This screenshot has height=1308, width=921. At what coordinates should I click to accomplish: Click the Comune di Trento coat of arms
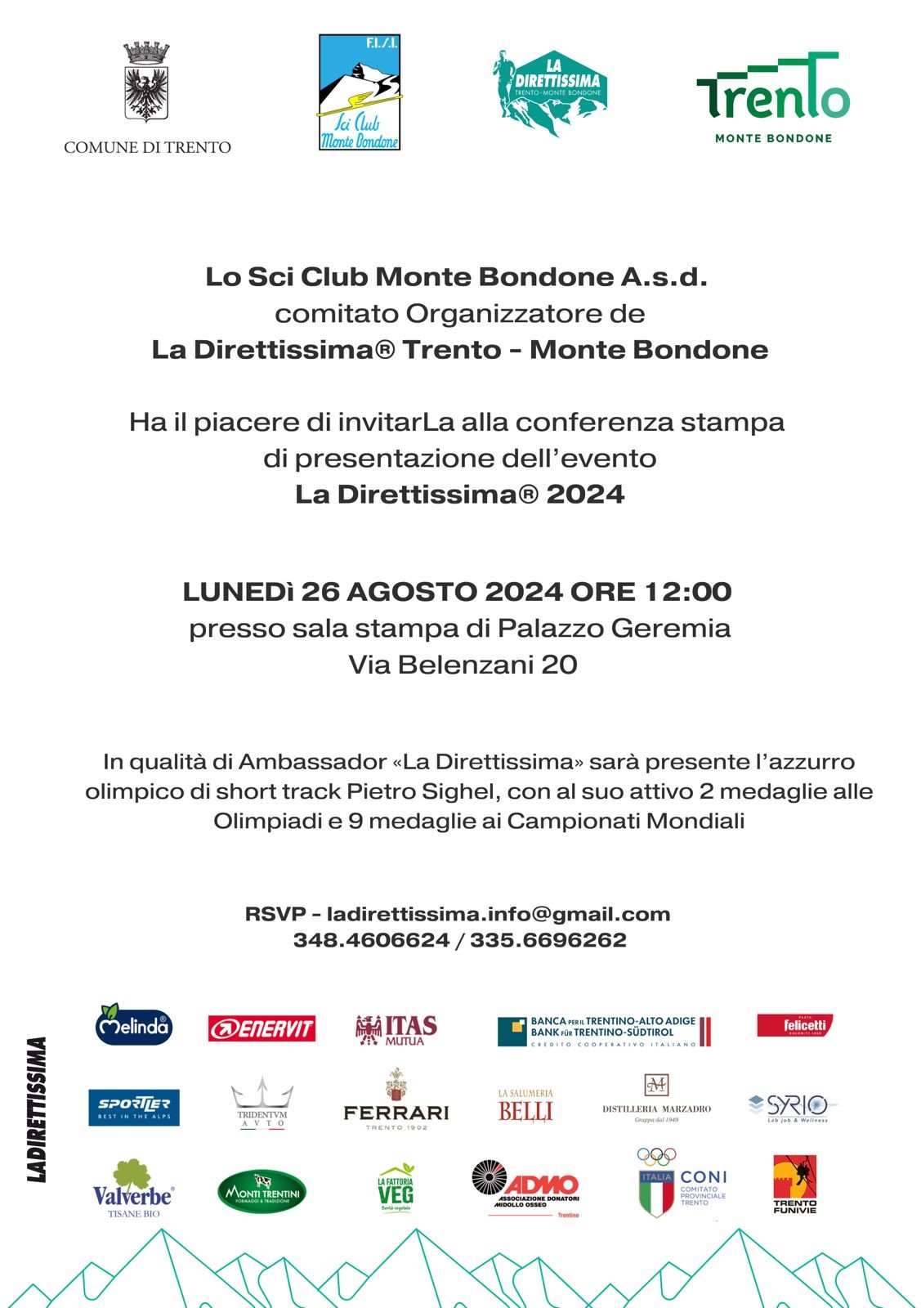146,82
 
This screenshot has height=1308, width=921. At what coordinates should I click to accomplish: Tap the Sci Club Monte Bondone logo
360,92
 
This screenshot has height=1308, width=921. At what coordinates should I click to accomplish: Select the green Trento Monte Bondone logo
772,97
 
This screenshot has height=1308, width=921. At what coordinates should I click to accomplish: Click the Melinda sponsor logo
133,1024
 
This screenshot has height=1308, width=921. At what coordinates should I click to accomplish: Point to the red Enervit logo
262,1028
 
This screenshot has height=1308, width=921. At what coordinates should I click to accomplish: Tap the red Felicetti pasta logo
794,1025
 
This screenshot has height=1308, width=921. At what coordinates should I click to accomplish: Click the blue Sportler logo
134,1107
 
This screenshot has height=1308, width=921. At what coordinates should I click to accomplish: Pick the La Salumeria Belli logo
525,1105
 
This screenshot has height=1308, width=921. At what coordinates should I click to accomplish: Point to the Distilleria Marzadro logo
656,1098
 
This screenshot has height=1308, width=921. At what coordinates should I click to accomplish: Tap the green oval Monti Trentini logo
262,1192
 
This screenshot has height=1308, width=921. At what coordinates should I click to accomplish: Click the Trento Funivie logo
794,1183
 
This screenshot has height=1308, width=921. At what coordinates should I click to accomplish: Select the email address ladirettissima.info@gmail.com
498,914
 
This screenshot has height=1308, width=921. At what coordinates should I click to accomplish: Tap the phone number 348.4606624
371,940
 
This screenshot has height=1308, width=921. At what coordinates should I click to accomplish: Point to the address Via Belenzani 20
463,665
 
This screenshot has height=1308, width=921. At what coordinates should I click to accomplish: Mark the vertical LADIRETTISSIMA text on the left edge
37,1109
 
